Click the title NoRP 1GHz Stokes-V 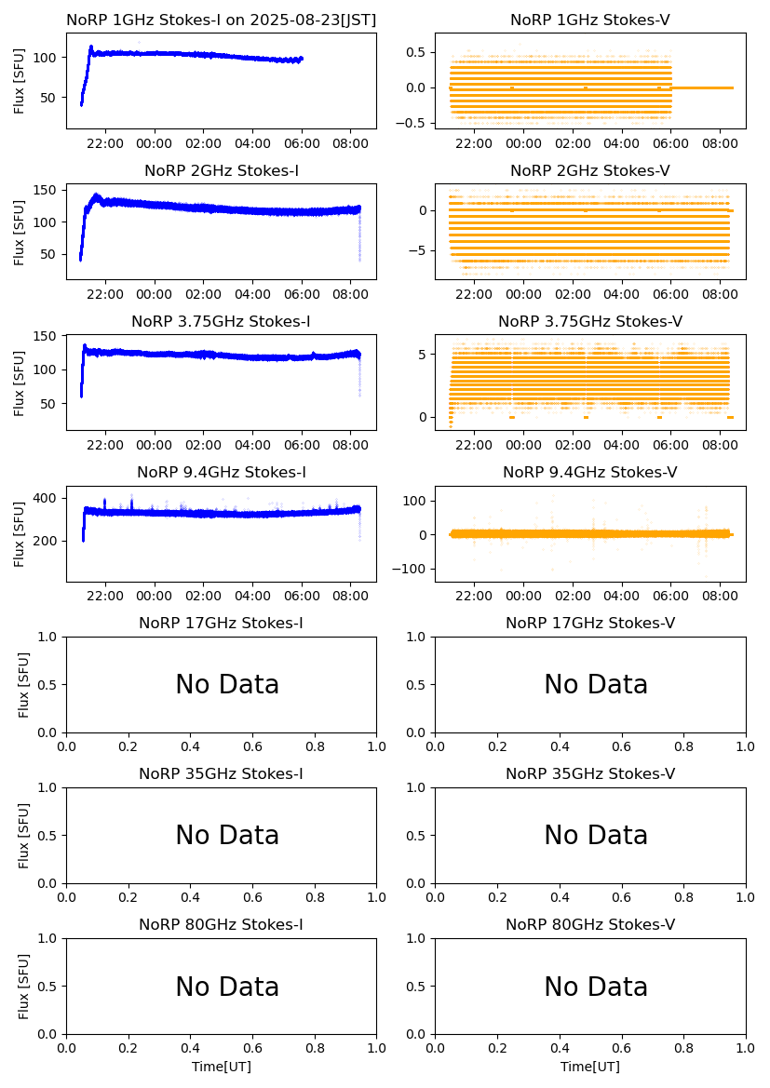coord(589,20)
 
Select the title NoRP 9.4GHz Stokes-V coord(589,473)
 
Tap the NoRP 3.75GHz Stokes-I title coord(221,322)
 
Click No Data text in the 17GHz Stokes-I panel coord(227,685)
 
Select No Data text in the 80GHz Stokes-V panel coord(596,987)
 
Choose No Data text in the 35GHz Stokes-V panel coord(596,836)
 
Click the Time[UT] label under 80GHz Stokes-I coord(222,1067)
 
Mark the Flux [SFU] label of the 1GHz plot coord(20,81)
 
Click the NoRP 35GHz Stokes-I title coord(221,774)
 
